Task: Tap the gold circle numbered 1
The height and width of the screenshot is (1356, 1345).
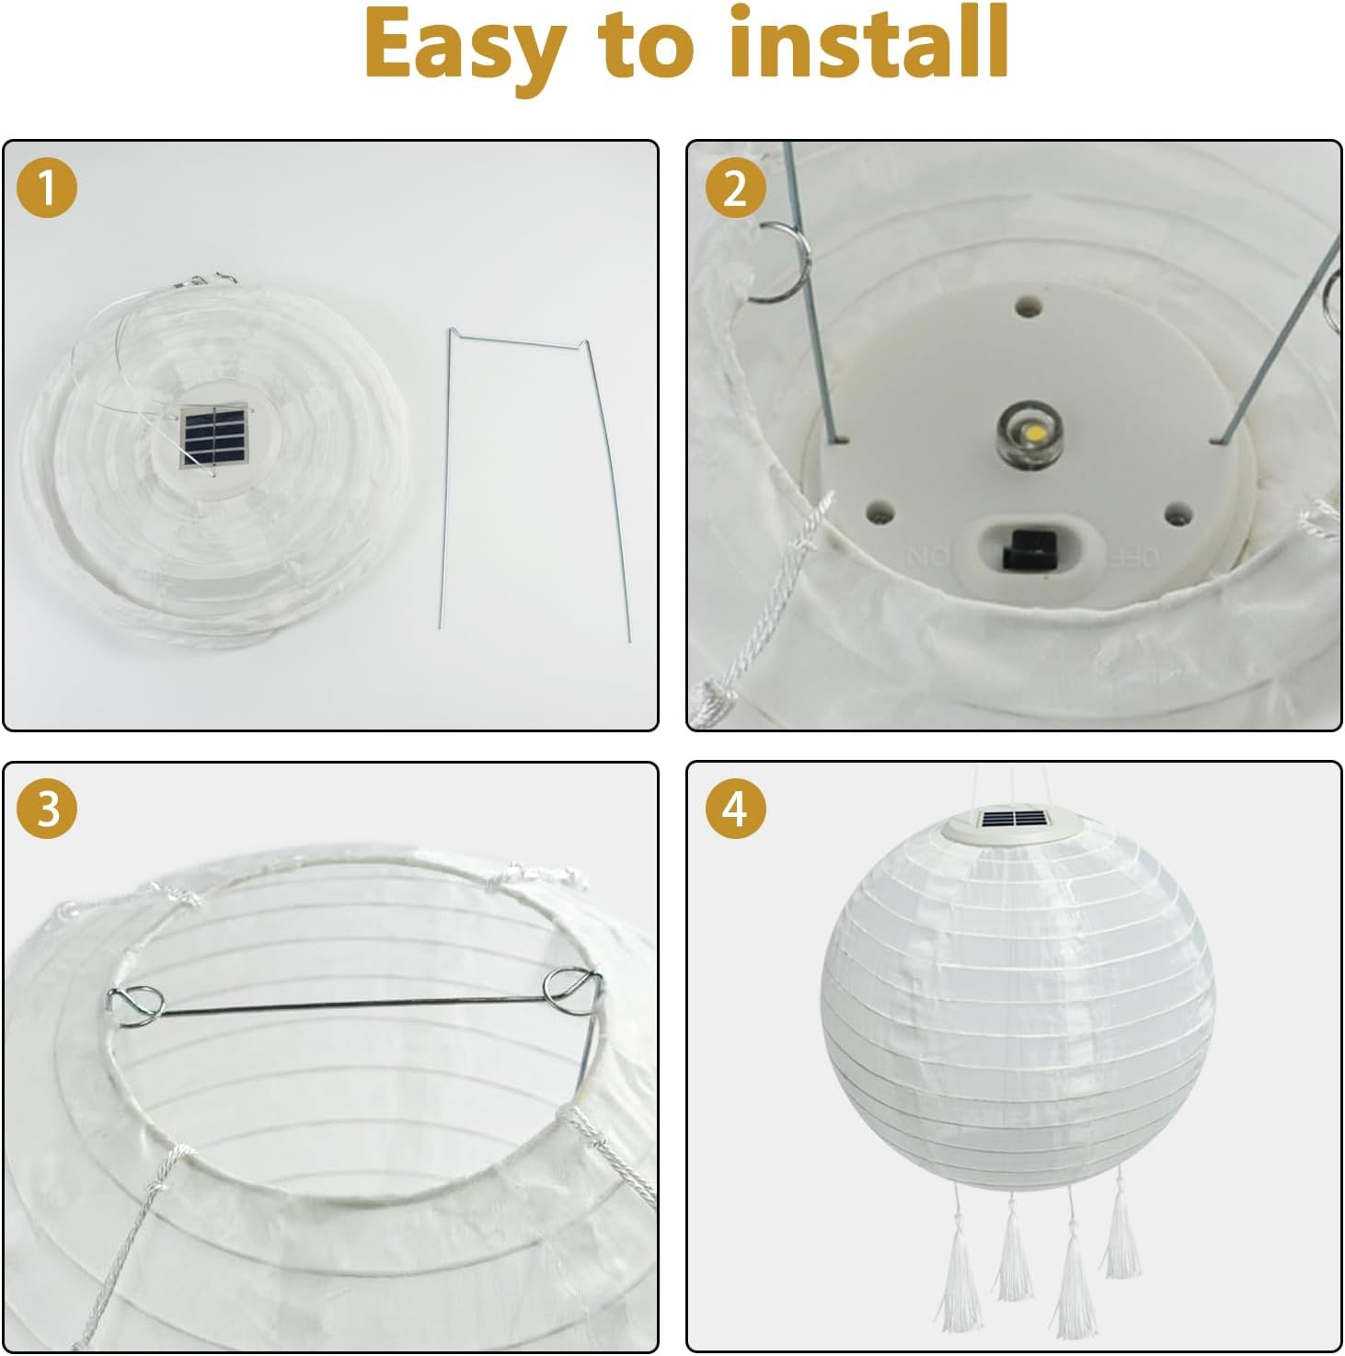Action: point(47,188)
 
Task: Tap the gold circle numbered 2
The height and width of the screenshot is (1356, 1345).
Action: point(734,188)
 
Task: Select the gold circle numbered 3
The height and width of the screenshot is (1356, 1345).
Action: point(47,809)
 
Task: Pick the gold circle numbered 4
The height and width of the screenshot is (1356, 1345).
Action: point(734,809)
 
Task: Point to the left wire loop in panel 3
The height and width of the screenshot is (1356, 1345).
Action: point(136,1004)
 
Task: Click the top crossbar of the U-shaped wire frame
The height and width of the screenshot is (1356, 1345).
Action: point(517,342)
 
